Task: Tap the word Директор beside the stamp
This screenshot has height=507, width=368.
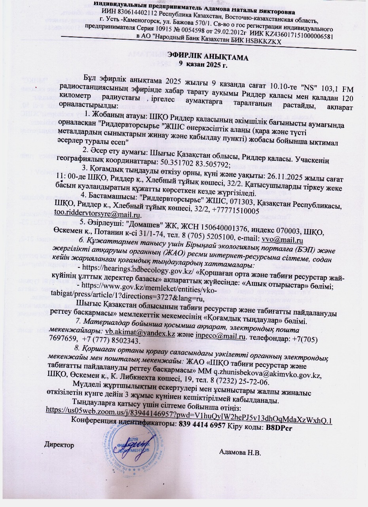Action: [x=59, y=445]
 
